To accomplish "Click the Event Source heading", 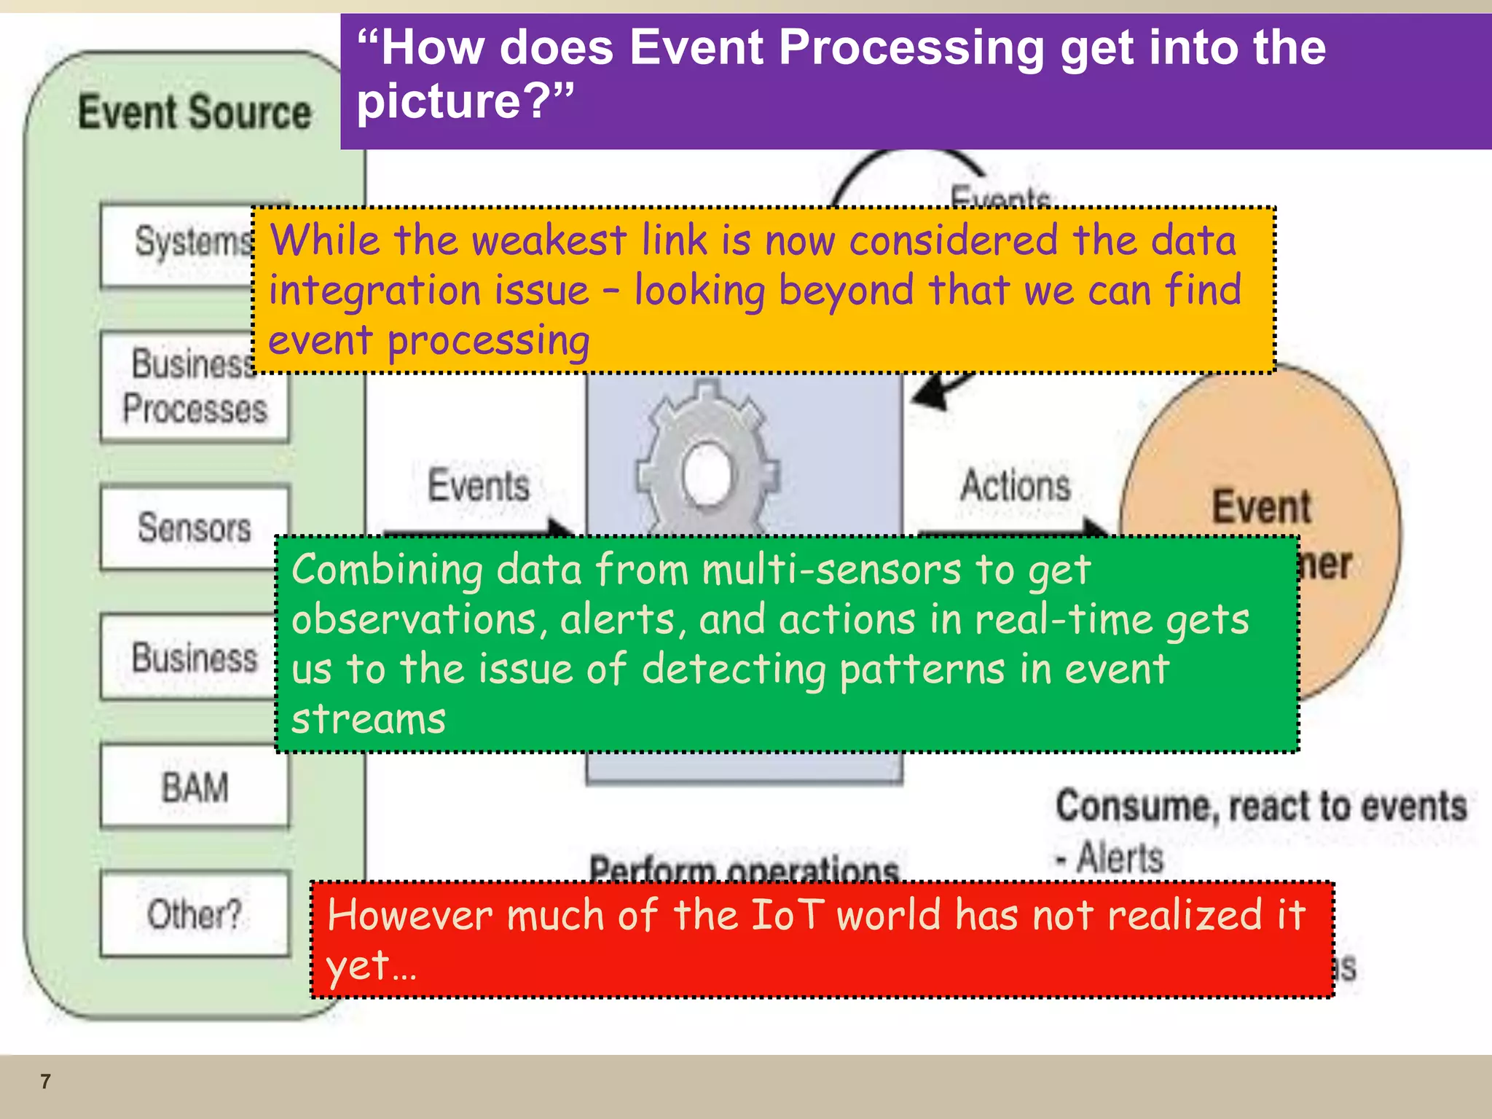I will click(x=195, y=112).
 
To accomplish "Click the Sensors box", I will click(x=194, y=527).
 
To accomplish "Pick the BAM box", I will click(x=195, y=787).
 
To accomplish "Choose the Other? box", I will click(x=195, y=914).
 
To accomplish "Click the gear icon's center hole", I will click(x=707, y=474).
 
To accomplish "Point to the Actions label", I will click(x=1016, y=486).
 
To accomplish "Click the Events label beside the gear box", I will click(x=478, y=486).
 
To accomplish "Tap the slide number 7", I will click(x=45, y=1081).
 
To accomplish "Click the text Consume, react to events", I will click(x=1261, y=806).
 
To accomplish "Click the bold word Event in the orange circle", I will click(x=1261, y=506).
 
